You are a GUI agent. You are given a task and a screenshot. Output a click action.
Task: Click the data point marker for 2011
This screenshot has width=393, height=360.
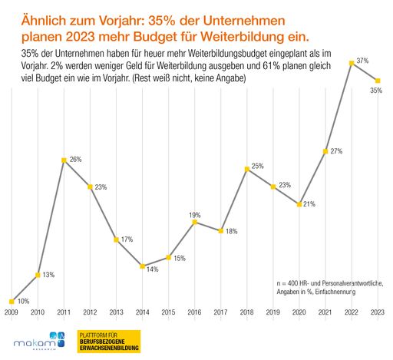click(x=64, y=160)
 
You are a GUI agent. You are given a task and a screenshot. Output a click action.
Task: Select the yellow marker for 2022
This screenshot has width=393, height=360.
click(x=352, y=63)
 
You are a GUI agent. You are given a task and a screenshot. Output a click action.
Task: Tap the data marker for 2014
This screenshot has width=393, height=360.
click(x=142, y=266)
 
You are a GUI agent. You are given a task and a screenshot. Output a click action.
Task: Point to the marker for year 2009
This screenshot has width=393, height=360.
click(x=12, y=302)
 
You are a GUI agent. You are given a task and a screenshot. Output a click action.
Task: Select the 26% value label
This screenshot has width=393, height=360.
click(x=76, y=160)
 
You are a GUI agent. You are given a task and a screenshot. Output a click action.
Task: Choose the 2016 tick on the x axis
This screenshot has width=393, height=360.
click(x=194, y=313)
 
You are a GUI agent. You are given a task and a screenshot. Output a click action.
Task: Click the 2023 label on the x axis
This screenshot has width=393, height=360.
click(x=377, y=313)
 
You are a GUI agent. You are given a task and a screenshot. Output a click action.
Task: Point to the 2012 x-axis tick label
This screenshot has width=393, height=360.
click(x=90, y=313)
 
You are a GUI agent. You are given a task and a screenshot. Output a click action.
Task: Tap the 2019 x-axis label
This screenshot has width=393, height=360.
click(x=272, y=313)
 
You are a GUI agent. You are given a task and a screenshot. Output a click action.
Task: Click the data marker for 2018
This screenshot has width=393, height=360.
click(x=246, y=169)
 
